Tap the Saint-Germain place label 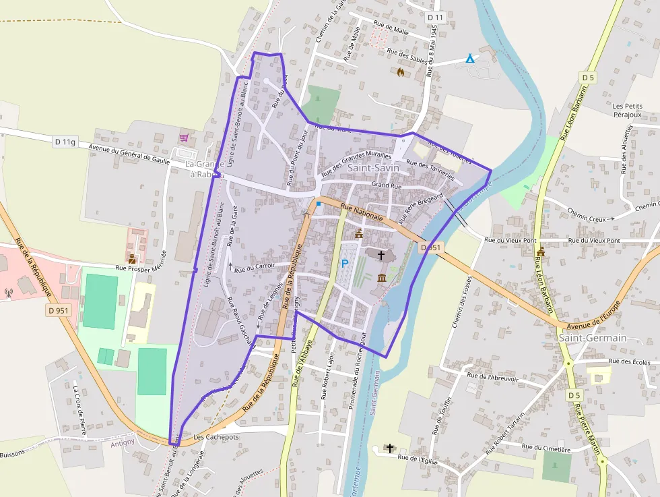coord(593,337)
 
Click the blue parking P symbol coord(345,264)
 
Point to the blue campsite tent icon coord(469,59)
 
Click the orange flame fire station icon coord(401,71)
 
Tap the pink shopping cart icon coord(184,138)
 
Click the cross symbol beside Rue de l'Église coord(389,447)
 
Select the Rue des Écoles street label coord(629,361)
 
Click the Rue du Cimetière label coord(546,448)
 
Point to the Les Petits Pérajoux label coord(628,110)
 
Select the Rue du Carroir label coord(255,268)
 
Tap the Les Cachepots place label coord(216,437)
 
